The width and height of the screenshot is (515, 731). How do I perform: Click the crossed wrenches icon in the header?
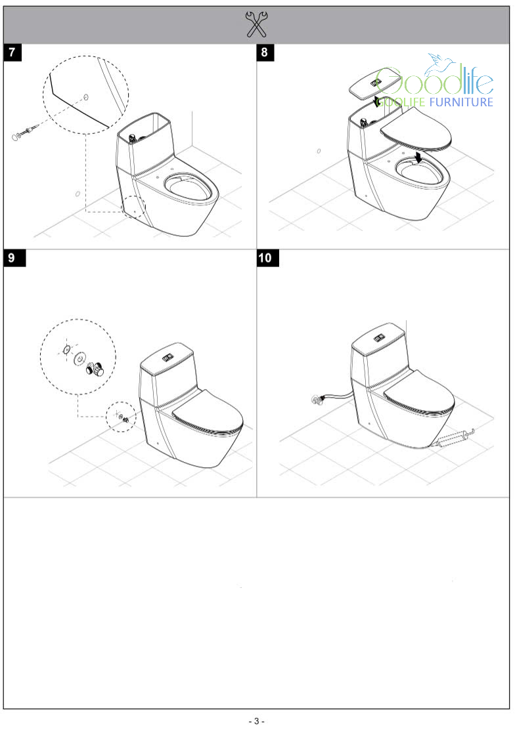[256, 25]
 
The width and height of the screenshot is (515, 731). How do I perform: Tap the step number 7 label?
[12, 52]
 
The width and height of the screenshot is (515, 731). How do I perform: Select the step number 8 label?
[265, 52]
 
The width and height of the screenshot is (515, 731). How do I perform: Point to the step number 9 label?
[12, 258]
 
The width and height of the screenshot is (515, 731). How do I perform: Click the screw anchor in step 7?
[25, 132]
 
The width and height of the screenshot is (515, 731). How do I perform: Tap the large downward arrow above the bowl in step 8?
[418, 156]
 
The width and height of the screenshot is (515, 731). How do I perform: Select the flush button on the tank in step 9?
[168, 358]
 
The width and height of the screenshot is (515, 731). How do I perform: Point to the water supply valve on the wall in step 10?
[318, 399]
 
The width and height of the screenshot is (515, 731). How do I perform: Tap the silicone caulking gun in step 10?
[455, 438]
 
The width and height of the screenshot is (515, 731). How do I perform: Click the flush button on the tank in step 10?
[378, 337]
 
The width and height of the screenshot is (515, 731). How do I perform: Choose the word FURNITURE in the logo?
[461, 102]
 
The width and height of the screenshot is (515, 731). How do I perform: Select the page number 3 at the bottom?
[257, 721]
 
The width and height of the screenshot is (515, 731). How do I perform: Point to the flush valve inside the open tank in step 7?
[132, 138]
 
